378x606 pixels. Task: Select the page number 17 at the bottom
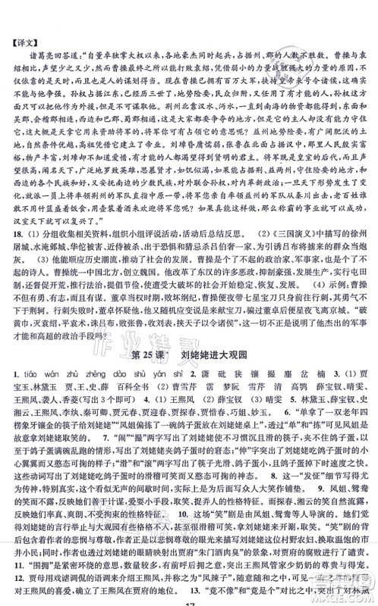(188, 600)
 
